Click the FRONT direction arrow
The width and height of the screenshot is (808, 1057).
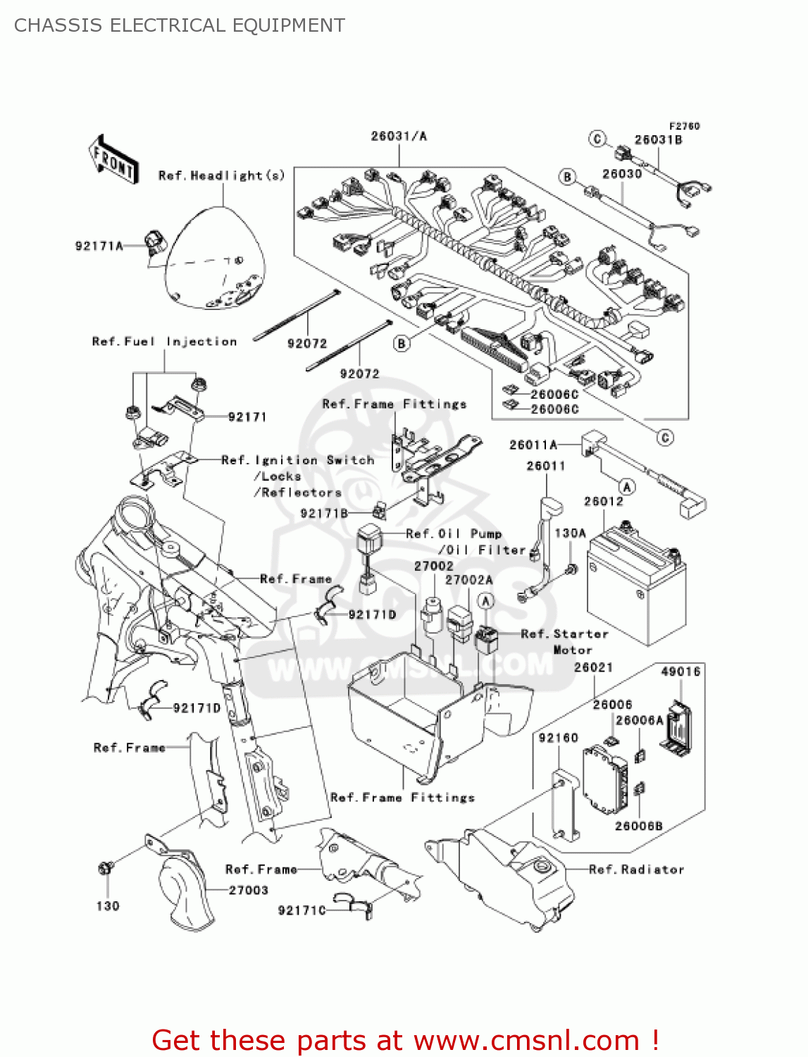[113, 159]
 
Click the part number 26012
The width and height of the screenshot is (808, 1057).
[604, 501]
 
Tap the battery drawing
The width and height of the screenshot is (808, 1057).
[636, 585]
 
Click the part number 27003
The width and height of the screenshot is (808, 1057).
[249, 891]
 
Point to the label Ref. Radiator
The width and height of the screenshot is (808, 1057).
[636, 869]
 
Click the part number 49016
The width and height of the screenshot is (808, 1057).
[680, 672]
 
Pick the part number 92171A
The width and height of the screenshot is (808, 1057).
[99, 246]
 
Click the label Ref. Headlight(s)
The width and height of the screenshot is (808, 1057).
[222, 175]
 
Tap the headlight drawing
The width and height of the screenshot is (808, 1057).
[215, 258]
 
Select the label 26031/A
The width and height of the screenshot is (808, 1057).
[399, 136]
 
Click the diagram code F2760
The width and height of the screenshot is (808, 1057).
[684, 126]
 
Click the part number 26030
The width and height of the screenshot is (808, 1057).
[622, 174]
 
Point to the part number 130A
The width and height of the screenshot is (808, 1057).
[571, 533]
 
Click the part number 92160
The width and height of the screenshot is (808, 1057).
[558, 738]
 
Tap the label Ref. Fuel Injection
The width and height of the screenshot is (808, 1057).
[165, 342]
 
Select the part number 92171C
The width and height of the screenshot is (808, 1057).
[302, 910]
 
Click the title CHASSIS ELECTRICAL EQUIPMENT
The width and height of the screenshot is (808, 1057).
[180, 25]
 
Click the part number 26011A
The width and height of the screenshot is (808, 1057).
[533, 445]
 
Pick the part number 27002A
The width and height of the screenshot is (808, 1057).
[468, 580]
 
